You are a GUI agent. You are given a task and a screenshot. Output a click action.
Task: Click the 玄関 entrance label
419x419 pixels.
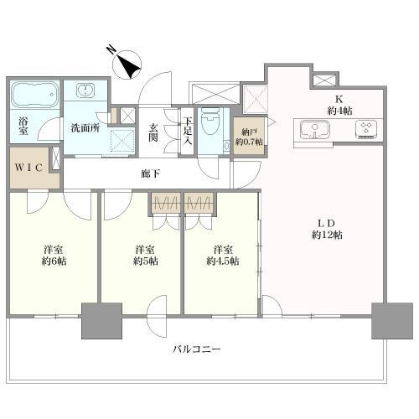click(x=154, y=133)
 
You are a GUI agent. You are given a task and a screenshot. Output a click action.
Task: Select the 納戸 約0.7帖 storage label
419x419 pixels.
click(x=248, y=137)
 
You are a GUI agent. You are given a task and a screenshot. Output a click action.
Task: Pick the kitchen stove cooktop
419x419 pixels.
click(x=366, y=129)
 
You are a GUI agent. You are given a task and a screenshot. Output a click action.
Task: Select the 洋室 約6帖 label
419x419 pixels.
click(x=56, y=255)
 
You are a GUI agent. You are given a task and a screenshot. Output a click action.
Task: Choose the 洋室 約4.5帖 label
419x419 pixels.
click(x=222, y=255)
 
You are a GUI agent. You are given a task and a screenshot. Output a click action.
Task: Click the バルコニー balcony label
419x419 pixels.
click(x=198, y=349)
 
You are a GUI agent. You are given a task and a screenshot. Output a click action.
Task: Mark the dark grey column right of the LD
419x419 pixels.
click(x=387, y=319)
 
